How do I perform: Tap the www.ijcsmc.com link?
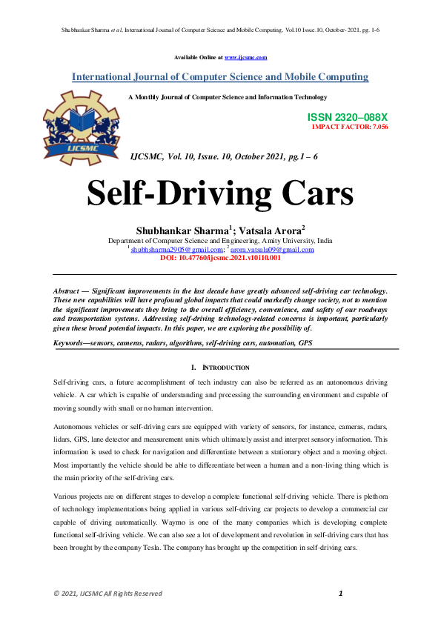(245, 57)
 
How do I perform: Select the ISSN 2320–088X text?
(348, 118)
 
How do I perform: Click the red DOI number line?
(220, 258)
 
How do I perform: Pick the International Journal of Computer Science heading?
(220, 77)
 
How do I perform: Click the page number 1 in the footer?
(340, 593)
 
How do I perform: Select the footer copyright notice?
(107, 594)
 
